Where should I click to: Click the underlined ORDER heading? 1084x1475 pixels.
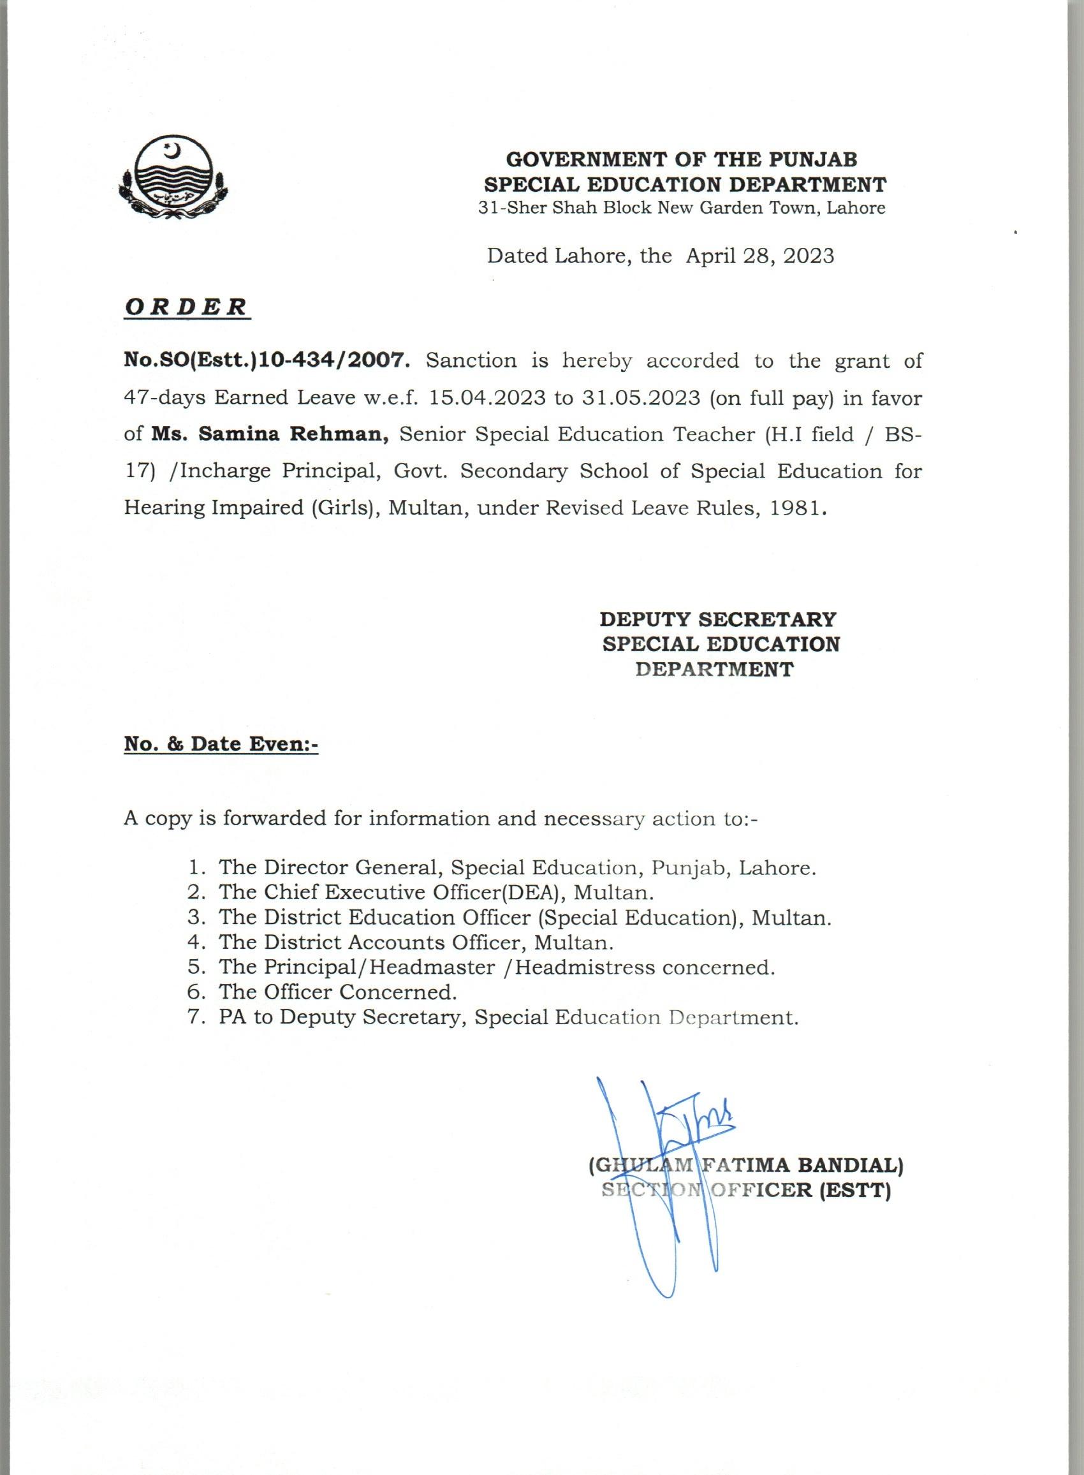coord(186,307)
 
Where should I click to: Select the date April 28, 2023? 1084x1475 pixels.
coord(760,255)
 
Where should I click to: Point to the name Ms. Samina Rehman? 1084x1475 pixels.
coord(271,434)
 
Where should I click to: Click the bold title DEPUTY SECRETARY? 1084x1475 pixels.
coord(718,619)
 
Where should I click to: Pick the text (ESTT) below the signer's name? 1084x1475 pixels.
coord(855,1189)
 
